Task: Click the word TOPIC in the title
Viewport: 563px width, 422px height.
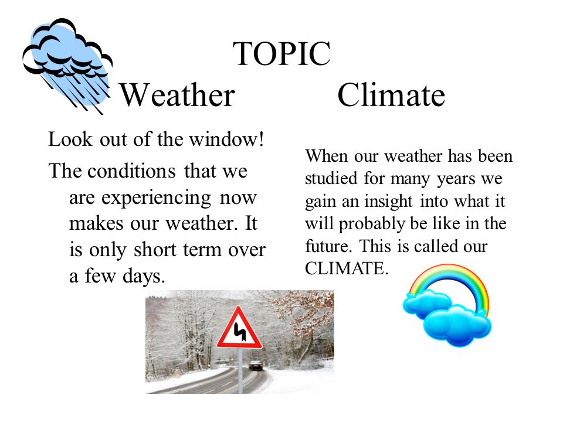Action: click(282, 53)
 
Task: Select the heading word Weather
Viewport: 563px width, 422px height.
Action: click(177, 95)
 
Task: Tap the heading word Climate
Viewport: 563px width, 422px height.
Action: click(391, 95)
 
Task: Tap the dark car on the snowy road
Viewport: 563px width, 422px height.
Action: click(256, 365)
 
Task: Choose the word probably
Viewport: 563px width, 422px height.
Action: click(372, 225)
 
